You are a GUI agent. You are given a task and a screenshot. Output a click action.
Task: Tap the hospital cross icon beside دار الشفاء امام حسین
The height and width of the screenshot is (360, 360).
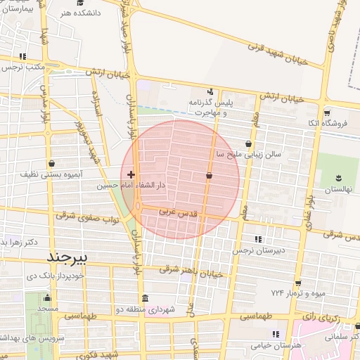[131, 174]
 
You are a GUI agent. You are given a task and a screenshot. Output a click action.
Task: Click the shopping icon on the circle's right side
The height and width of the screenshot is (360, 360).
[209, 175]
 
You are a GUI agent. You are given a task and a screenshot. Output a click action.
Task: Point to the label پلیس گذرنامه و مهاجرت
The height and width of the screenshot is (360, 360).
[210, 108]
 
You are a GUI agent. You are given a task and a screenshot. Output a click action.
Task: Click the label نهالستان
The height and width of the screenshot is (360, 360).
[337, 190]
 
